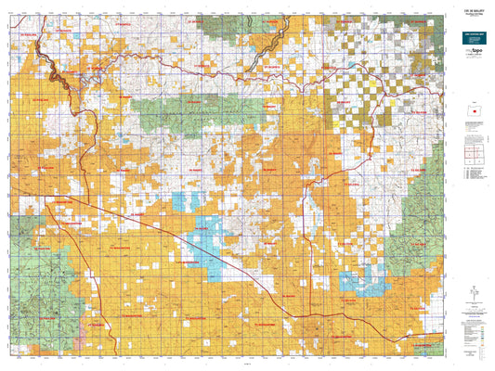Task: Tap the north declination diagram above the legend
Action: (473, 297)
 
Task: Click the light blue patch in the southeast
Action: (358, 278)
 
